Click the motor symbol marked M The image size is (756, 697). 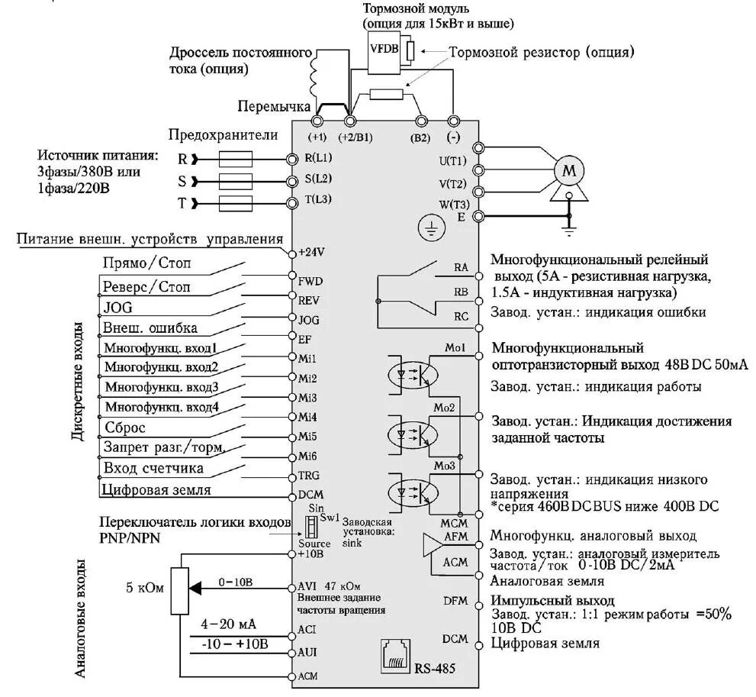(x=568, y=170)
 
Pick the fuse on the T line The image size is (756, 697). (x=236, y=203)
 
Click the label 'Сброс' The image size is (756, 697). (x=125, y=428)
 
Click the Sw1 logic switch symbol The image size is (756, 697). (x=310, y=526)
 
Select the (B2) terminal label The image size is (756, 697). (x=420, y=137)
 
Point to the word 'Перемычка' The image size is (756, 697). (x=273, y=105)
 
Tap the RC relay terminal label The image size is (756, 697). (x=461, y=315)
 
